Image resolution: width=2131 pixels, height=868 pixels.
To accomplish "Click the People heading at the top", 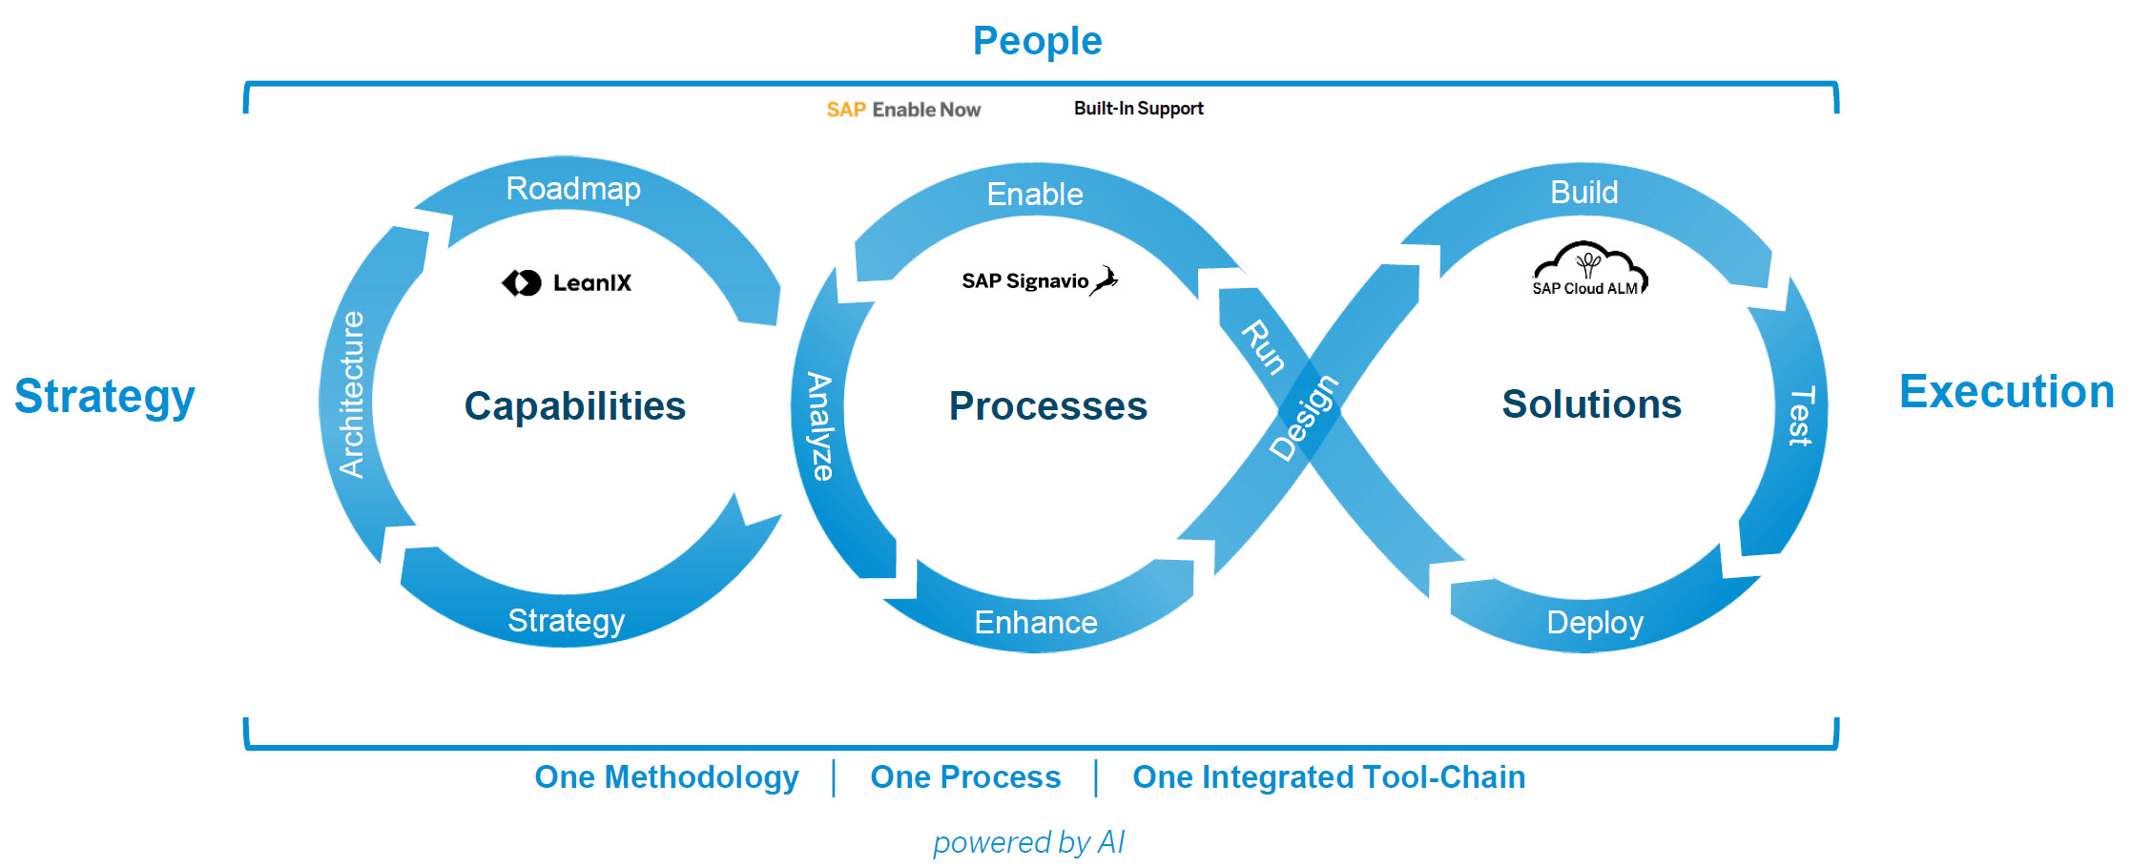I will click(x=1037, y=41).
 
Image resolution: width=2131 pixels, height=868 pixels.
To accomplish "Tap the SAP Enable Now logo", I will click(x=902, y=110).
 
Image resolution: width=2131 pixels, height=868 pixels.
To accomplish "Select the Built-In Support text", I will click(x=1138, y=109).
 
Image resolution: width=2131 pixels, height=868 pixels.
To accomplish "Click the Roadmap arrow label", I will click(x=573, y=189).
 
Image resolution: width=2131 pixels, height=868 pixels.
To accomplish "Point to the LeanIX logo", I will click(x=567, y=282).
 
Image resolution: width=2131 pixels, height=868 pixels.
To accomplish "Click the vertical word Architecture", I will click(x=352, y=394).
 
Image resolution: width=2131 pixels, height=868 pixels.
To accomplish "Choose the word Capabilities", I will click(x=574, y=406).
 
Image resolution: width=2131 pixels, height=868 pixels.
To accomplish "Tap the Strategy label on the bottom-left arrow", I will click(x=566, y=621).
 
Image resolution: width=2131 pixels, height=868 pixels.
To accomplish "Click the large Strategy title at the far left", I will click(x=105, y=396).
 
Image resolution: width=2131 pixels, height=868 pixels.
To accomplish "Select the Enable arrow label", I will click(x=1035, y=195).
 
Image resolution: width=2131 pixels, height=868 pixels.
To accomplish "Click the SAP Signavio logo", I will click(x=1039, y=280).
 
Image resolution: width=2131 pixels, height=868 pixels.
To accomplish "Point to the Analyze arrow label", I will click(x=819, y=426).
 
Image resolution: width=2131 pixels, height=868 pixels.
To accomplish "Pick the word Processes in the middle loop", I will click(x=1047, y=406).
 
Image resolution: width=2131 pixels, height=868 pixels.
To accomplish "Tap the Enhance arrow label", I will click(x=1036, y=623).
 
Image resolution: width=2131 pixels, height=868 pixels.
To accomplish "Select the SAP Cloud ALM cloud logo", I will click(x=1589, y=270).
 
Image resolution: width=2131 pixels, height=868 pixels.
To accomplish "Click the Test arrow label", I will click(x=1800, y=416).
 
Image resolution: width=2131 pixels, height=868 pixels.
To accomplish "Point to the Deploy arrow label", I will click(x=1595, y=623).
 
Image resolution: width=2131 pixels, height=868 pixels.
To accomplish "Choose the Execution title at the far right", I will click(x=2006, y=392).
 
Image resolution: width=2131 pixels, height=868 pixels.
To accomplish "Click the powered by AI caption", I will click(x=1028, y=842).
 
